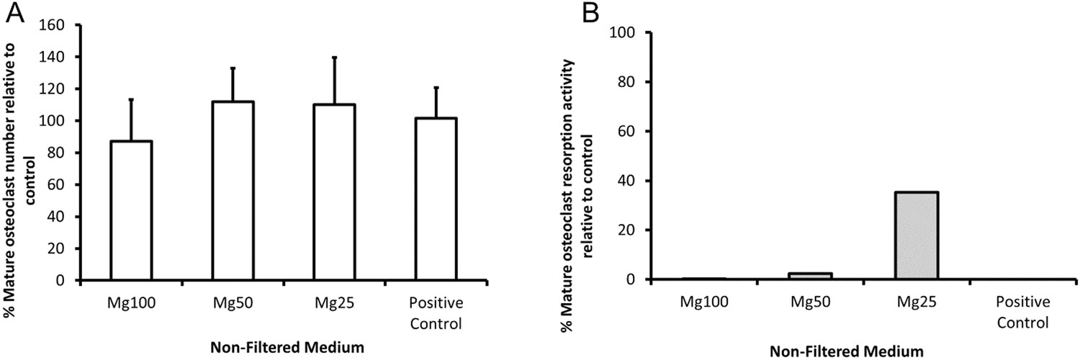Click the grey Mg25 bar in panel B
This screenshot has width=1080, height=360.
(x=917, y=235)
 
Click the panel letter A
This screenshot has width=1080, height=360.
(x=16, y=14)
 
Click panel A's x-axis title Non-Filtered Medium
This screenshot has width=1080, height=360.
(x=287, y=347)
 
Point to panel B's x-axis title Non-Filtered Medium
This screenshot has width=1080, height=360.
(x=847, y=351)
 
